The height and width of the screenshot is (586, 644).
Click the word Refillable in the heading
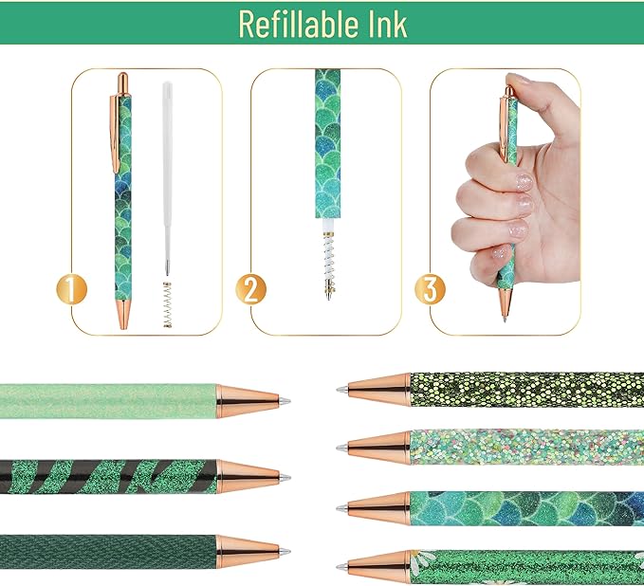pos(291,24)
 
